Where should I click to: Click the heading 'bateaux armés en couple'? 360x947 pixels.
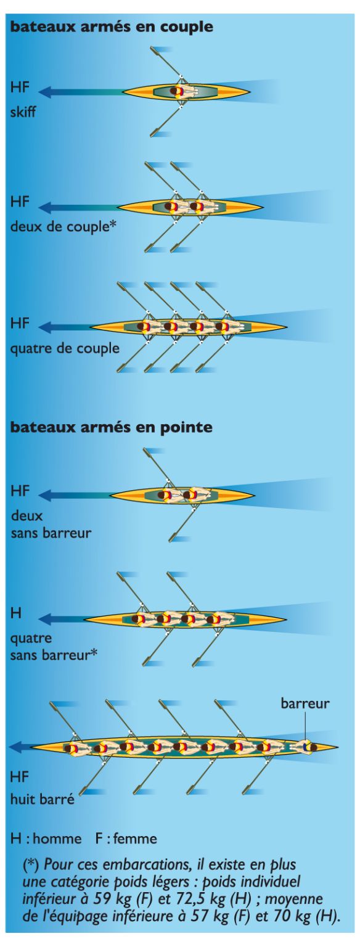tap(111, 27)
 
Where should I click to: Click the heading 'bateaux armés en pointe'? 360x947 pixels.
tap(111, 427)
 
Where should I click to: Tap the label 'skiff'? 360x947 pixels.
tap(23, 112)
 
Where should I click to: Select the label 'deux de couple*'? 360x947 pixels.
tap(63, 227)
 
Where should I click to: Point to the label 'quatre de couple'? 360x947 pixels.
tap(65, 349)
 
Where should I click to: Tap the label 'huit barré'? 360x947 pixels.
tap(43, 800)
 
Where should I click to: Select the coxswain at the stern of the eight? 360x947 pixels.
tap(308, 747)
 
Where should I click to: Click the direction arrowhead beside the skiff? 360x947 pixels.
tap(45, 91)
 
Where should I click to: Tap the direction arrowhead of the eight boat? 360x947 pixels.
tap(15, 747)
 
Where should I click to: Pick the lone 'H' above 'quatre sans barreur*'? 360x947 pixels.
tap(15, 613)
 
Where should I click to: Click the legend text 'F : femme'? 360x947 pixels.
tap(126, 838)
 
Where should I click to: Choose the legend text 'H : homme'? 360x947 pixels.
tap(46, 838)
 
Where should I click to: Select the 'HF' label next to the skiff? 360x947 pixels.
tap(20, 87)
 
